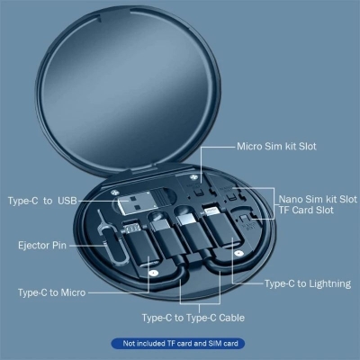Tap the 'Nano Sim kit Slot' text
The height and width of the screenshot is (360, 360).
pos(317,198)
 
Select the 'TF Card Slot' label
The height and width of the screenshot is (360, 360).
pos(307,210)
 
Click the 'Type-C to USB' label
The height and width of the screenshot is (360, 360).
pos(43,199)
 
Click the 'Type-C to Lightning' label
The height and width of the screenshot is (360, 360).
pos(307,283)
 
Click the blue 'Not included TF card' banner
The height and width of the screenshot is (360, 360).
pos(180,343)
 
